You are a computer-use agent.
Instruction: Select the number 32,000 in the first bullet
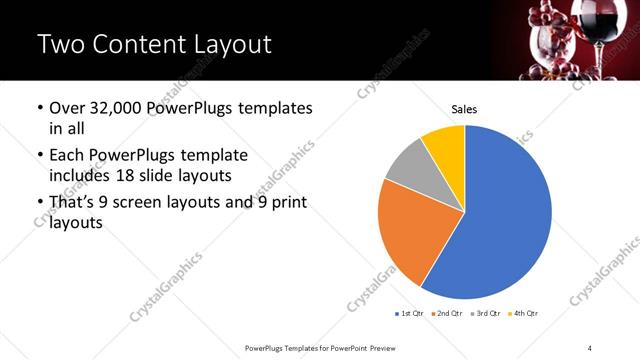tap(122, 108)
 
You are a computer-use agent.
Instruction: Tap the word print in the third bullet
tap(287, 203)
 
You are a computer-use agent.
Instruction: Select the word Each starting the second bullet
tap(67, 155)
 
